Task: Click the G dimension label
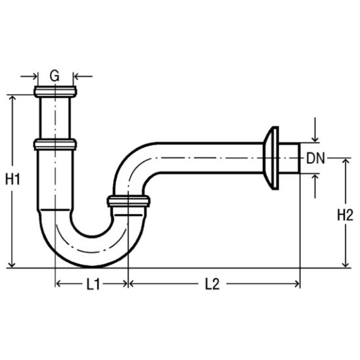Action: coord(55,76)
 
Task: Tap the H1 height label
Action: coord(12,179)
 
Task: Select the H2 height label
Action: coord(345,215)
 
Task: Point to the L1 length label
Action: coord(93,284)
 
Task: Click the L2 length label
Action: coord(212,284)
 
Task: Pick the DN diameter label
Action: coord(316,158)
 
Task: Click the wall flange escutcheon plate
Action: coord(271,158)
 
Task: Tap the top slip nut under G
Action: coord(55,91)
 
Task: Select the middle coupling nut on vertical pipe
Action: coord(55,145)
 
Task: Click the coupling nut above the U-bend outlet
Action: coord(129,201)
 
